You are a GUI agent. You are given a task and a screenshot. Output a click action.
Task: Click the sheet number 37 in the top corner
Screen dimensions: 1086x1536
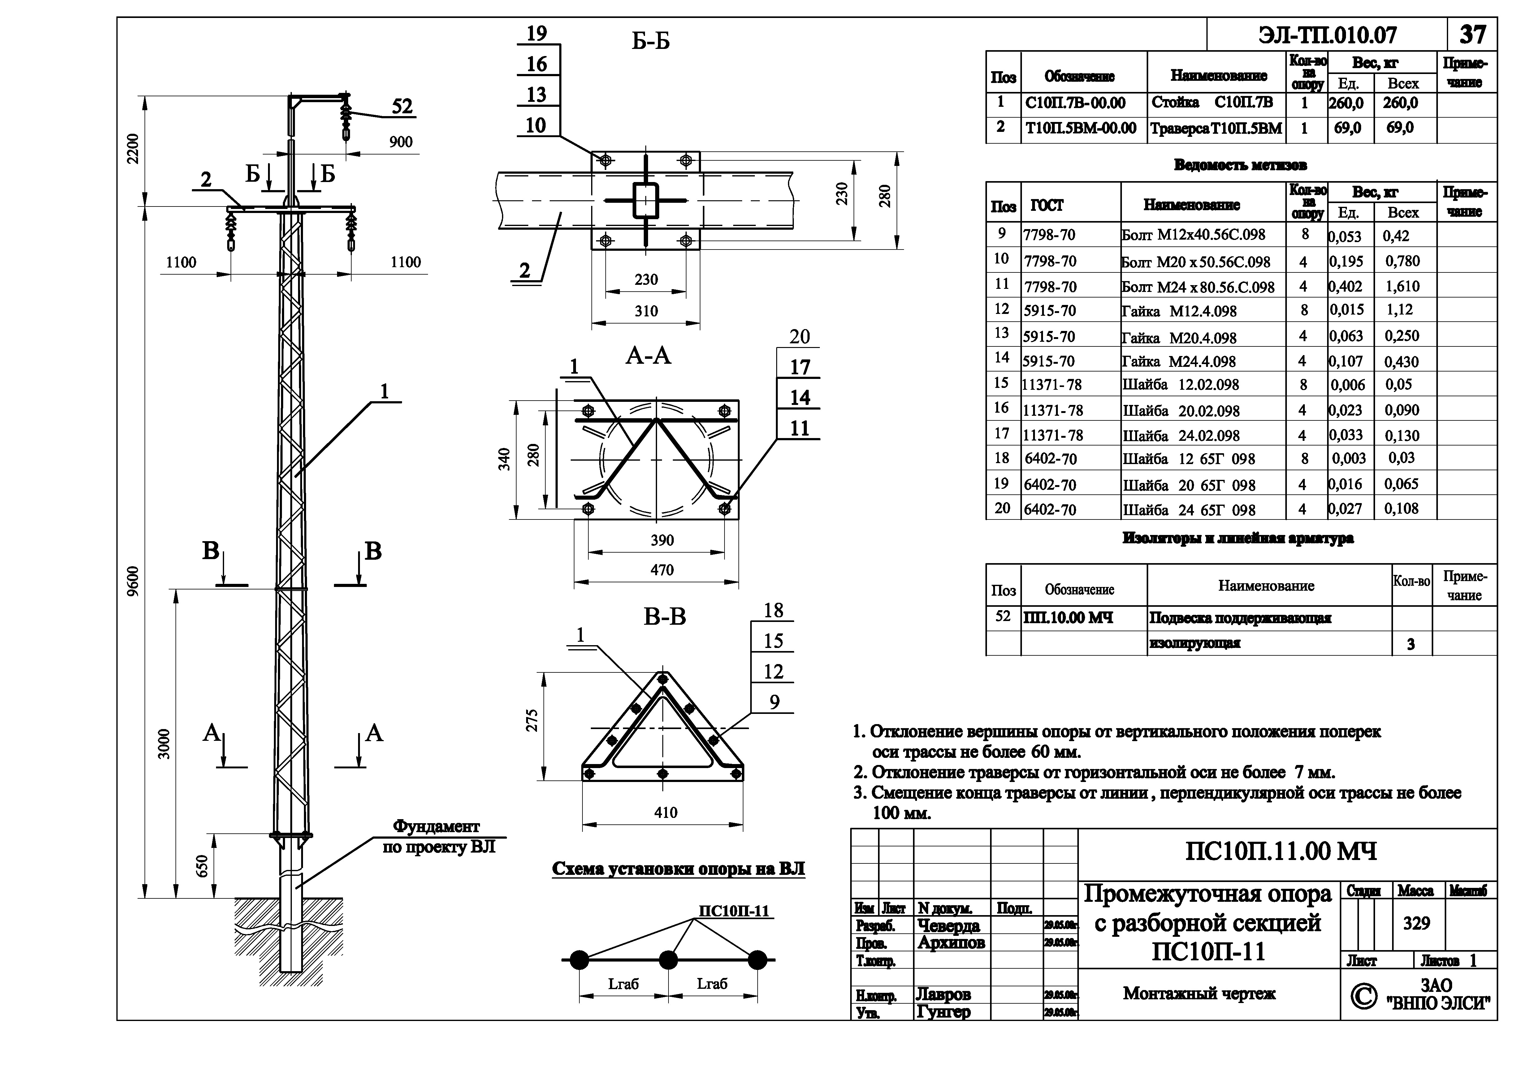click(x=1472, y=35)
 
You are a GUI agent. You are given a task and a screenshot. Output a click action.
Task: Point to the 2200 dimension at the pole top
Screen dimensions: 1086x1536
click(x=134, y=149)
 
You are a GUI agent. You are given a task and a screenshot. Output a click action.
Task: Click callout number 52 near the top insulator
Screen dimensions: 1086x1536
click(x=402, y=107)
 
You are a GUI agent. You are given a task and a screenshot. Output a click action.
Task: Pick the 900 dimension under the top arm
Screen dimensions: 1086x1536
click(x=401, y=142)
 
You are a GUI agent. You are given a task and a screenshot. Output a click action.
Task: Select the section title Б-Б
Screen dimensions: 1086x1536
click(x=650, y=41)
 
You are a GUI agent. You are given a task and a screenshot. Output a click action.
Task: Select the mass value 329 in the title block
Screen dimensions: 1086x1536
click(x=1416, y=923)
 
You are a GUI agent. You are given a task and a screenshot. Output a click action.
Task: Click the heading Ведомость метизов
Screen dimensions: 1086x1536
click(x=1240, y=165)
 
